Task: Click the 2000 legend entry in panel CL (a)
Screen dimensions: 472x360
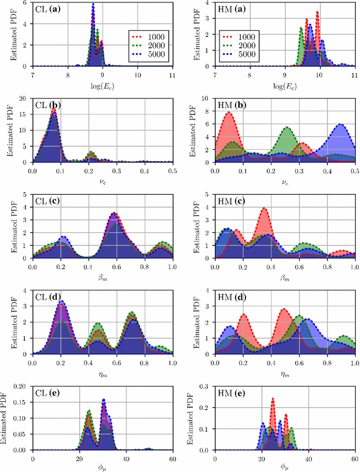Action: point(152,45)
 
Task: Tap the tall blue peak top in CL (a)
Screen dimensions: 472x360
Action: point(93,5)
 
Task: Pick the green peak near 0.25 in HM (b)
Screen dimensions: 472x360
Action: point(287,127)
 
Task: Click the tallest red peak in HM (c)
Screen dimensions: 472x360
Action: point(264,208)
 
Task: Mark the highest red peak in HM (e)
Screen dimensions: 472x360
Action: point(273,399)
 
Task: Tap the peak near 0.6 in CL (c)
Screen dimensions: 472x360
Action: point(114,214)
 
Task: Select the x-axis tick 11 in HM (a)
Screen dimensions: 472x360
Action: point(354,76)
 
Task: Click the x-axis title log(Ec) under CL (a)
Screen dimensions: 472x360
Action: point(102,85)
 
